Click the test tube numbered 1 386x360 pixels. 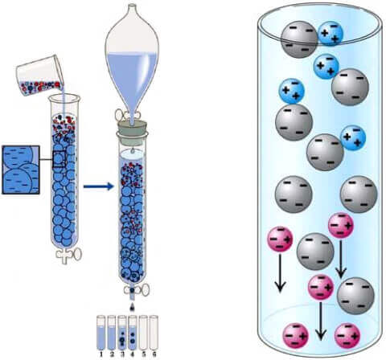(x=101, y=333)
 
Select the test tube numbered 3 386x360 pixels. (x=122, y=333)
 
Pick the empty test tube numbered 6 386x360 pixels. (x=154, y=333)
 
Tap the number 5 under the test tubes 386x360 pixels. (x=143, y=354)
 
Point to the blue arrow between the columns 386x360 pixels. (x=99, y=186)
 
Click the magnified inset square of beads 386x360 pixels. (x=21, y=170)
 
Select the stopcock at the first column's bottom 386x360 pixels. (x=69, y=255)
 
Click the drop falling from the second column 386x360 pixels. (x=133, y=308)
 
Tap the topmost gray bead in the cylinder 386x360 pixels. (x=299, y=39)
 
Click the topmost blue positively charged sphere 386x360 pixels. (x=331, y=34)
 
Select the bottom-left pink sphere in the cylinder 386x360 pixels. (x=296, y=336)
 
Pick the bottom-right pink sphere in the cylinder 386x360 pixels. (x=347, y=336)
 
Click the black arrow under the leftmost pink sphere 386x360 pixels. (x=280, y=273)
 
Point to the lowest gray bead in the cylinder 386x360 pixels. (x=355, y=296)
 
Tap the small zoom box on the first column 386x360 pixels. (x=59, y=159)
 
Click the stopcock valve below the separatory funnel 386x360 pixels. (x=128, y=116)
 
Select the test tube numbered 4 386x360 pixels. (x=133, y=333)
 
